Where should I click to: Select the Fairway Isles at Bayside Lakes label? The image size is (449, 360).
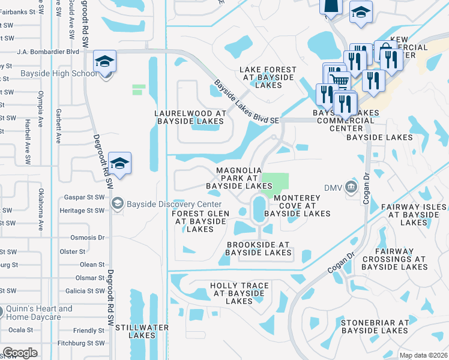(413, 215)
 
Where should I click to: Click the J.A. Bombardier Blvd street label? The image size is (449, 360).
(48, 52)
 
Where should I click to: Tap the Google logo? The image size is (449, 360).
(20, 353)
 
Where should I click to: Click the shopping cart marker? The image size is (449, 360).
(338, 78)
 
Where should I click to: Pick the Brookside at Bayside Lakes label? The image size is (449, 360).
(258, 249)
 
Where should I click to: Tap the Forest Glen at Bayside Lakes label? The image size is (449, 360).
(199, 221)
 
